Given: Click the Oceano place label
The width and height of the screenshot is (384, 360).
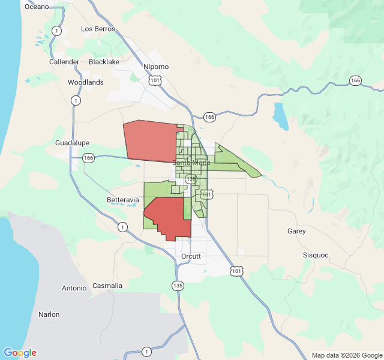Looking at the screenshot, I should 36,7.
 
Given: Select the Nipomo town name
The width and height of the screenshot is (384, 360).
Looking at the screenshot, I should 156,67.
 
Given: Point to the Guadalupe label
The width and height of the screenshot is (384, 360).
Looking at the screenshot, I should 72,143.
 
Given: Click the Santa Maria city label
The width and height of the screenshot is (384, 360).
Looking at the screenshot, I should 192,163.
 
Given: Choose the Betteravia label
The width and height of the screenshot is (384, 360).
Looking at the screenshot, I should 122,199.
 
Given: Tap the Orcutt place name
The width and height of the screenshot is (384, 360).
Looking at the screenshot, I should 191,256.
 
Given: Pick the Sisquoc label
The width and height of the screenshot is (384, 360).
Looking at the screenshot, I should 316,255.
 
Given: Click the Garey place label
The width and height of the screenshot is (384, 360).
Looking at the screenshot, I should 296,231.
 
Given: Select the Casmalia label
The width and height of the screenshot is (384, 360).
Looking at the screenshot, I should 107,286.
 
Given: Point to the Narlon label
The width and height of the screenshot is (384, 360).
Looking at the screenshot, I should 49,314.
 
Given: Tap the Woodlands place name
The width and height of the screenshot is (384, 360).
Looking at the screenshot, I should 85,82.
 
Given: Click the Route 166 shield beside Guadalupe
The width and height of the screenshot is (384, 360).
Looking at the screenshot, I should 89,158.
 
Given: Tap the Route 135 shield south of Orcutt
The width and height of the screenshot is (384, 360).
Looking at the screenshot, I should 177,286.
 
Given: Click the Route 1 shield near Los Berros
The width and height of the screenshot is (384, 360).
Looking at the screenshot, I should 56,31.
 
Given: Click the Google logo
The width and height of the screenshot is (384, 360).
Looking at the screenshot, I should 20,353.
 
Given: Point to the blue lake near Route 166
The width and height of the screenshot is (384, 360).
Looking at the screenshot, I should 280,116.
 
